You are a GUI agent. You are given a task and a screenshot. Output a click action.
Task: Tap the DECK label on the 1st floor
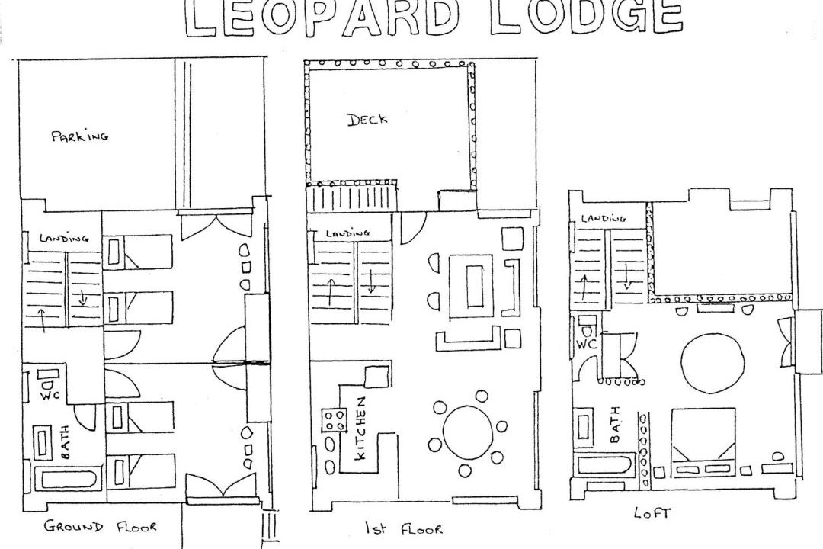(367, 119)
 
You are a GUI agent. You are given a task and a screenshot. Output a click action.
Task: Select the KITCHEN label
(360, 429)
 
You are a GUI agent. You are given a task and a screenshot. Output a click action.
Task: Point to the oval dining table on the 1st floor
(468, 432)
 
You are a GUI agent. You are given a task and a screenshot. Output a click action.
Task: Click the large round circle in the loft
(713, 362)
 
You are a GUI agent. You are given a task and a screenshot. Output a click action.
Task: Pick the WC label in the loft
(586, 345)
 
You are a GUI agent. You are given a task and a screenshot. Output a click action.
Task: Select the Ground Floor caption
(101, 526)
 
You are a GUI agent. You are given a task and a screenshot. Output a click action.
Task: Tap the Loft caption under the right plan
(652, 512)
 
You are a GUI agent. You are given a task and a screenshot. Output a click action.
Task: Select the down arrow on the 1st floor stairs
(371, 281)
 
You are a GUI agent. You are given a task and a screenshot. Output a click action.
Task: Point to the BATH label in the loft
(615, 424)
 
